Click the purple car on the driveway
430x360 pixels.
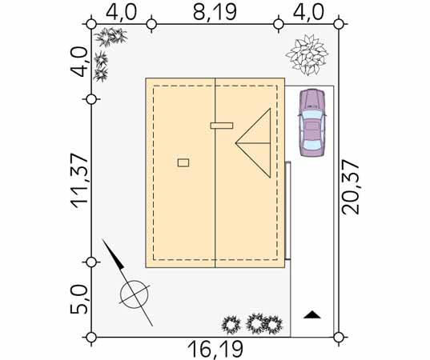point(312,122)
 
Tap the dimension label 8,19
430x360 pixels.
point(215,12)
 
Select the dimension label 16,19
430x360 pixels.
point(215,349)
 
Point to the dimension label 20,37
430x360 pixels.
point(350,188)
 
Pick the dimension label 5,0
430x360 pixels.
point(79,300)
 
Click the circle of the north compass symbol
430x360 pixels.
point(135,294)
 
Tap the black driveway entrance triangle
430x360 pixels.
point(312,314)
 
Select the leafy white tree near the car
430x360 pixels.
point(307,54)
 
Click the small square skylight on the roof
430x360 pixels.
point(183,162)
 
